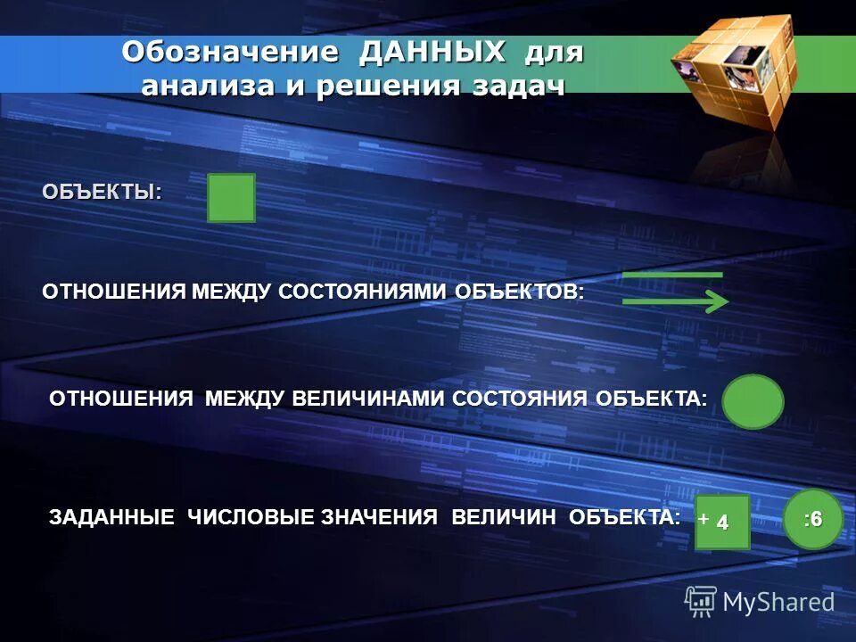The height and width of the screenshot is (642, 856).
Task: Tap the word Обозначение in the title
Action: [x=230, y=53]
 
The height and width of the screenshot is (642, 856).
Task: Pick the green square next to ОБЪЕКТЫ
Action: [x=231, y=198]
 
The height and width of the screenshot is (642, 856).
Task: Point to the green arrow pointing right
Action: [x=675, y=303]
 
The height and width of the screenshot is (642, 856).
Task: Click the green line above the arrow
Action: [x=672, y=275]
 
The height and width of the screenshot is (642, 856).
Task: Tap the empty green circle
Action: [x=753, y=401]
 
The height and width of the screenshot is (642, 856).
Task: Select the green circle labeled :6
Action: [x=812, y=520]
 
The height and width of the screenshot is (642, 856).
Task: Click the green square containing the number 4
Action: [x=723, y=523]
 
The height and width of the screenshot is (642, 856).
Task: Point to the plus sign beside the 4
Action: [x=704, y=517]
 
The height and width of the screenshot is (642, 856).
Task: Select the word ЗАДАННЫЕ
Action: [x=111, y=517]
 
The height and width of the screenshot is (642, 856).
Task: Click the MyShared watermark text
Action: [x=778, y=602]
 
